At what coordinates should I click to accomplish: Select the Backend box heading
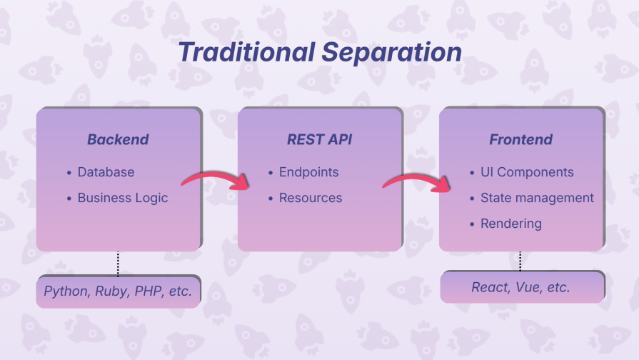click(x=118, y=139)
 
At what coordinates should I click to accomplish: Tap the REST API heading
click(x=319, y=139)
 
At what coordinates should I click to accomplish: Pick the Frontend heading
click(x=520, y=139)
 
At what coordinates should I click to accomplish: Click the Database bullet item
click(x=106, y=172)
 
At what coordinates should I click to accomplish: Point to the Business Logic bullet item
click(x=122, y=198)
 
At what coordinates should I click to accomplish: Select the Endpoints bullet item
click(x=308, y=172)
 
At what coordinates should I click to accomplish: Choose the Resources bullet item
click(x=311, y=198)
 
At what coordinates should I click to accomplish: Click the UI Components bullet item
click(x=526, y=172)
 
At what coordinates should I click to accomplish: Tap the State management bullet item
click(x=536, y=198)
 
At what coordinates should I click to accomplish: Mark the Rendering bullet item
click(x=510, y=224)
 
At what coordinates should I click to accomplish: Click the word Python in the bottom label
click(x=64, y=291)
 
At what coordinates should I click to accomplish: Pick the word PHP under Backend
click(x=149, y=291)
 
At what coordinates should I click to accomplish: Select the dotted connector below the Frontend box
click(x=520, y=261)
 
